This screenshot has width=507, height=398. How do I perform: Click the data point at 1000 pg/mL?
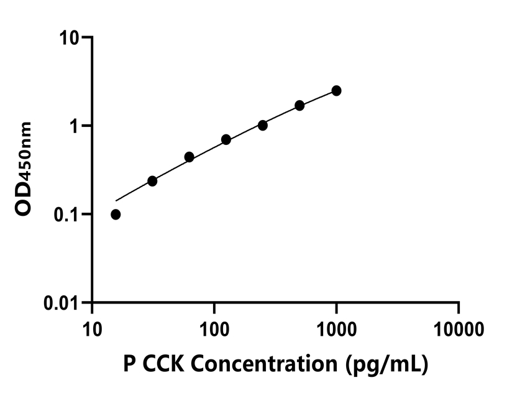336,91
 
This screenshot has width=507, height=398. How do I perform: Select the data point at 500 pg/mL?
299,106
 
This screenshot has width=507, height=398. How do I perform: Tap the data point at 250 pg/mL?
263,125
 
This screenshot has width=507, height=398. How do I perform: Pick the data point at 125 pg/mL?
226,140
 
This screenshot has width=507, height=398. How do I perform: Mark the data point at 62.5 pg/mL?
190,157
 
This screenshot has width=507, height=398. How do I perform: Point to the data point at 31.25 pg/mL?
152,181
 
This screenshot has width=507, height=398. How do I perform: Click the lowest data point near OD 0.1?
116,215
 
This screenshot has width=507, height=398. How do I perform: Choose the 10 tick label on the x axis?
92,328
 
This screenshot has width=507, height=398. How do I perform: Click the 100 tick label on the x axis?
214,328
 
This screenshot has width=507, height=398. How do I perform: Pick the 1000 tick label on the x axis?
336,328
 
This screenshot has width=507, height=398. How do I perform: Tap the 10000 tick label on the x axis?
459,328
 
